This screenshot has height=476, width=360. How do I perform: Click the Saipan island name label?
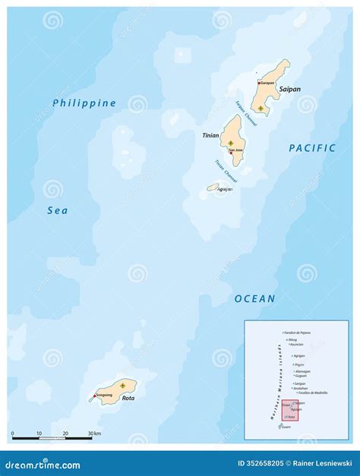click(289, 89)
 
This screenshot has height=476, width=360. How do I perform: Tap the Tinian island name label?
click(210, 134)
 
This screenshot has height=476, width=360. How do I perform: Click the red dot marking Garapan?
click(258, 83)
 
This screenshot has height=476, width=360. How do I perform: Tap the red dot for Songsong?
click(95, 396)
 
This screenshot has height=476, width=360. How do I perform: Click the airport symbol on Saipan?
click(261, 109)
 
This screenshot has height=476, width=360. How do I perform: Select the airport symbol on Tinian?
click(231, 142)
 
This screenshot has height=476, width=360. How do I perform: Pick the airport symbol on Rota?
click(122, 386)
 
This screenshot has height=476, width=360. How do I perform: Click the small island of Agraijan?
click(213, 187)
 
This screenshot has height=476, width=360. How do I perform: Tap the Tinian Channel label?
click(225, 169)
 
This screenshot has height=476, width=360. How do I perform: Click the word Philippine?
click(84, 102)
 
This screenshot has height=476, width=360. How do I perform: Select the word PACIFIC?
click(312, 148)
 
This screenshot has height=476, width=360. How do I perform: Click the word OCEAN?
click(254, 298)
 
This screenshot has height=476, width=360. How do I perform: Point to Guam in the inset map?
click(286, 427)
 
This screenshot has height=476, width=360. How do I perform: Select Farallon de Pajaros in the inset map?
click(297, 333)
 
